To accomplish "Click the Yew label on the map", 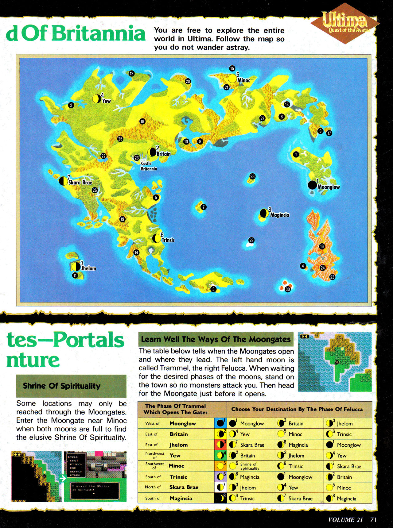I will pyautogui.click(x=106, y=101).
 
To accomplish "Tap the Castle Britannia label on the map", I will pyautogui.click(x=149, y=166).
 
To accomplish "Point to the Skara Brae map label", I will pyautogui.click(x=80, y=182).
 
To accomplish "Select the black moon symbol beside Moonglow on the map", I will pyautogui.click(x=312, y=185).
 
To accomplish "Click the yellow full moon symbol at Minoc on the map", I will pyautogui.click(x=232, y=78).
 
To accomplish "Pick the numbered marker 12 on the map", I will pyautogui.click(x=131, y=73).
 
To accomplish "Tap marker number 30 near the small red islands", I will pyautogui.click(x=288, y=289).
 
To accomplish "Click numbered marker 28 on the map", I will pyautogui.click(x=252, y=176).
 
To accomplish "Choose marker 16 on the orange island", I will pyautogui.click(x=322, y=246).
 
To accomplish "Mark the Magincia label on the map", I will pyautogui.click(x=279, y=215).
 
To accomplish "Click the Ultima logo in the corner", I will pyautogui.click(x=345, y=23).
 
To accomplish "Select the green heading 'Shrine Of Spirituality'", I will pyautogui.click(x=62, y=386).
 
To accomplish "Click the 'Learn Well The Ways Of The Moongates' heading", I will pyautogui.click(x=216, y=339).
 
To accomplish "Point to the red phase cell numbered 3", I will pyautogui.click(x=220, y=445).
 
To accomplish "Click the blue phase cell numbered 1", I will pyautogui.click(x=220, y=423).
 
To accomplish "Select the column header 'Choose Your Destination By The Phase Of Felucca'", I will pyautogui.click(x=297, y=409).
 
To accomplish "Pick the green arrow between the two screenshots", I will pyautogui.click(x=62, y=478).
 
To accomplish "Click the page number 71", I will pyautogui.click(x=373, y=519).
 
